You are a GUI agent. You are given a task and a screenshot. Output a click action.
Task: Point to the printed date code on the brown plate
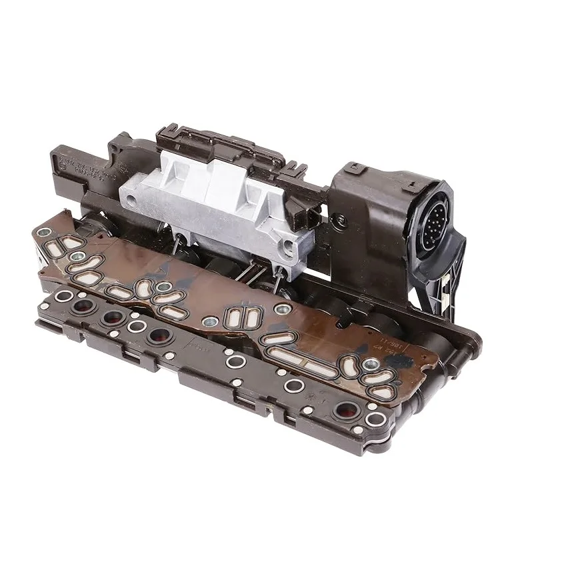(399, 346)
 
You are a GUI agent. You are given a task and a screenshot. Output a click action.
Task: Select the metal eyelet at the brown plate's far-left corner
(45, 233)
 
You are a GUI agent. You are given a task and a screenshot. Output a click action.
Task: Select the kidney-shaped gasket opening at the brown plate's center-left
(144, 288)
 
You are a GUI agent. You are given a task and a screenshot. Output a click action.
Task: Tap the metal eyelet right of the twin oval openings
(283, 309)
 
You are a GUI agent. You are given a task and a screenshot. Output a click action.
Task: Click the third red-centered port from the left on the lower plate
(159, 334)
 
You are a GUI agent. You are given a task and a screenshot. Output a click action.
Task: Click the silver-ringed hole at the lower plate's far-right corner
(375, 419)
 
